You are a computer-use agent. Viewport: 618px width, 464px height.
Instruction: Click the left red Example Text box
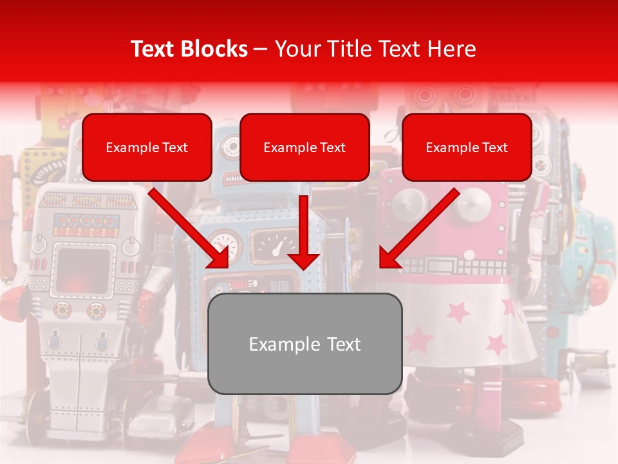pyautogui.click(x=147, y=147)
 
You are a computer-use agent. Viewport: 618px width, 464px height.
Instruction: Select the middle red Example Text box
pyautogui.click(x=304, y=147)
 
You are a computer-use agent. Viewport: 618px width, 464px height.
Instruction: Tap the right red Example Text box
pyautogui.click(x=467, y=147)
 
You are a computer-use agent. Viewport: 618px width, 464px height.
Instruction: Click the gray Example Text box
pyautogui.click(x=304, y=343)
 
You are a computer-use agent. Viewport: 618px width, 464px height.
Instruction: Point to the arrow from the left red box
pyautogui.click(x=190, y=229)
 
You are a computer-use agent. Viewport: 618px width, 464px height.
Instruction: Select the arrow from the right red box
pyautogui.click(x=418, y=229)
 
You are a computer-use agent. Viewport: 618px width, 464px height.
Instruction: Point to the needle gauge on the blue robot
pyautogui.click(x=276, y=246)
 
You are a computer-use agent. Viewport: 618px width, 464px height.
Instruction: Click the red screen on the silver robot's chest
pyautogui.click(x=84, y=271)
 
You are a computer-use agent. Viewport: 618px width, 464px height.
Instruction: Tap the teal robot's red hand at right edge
pyautogui.click(x=599, y=290)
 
